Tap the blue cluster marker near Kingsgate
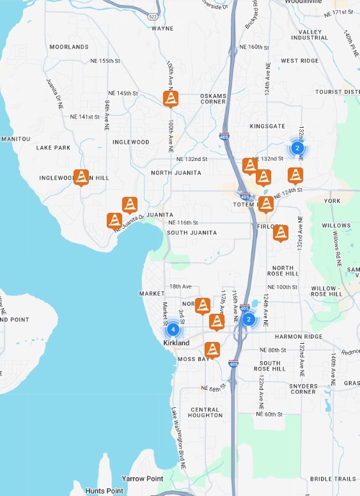[x=297, y=148]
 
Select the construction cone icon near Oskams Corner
[x=171, y=99]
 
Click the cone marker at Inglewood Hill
[x=81, y=177]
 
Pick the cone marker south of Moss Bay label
[x=212, y=350]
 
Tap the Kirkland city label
[x=176, y=343]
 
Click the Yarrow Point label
[x=143, y=478]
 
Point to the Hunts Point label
[x=104, y=490]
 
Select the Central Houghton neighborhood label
[x=205, y=412]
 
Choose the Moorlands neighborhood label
[x=69, y=47]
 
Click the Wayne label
[x=162, y=29]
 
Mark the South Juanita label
[x=186, y=233]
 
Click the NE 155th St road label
[x=106, y=61]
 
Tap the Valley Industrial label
[x=309, y=35]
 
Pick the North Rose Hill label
[x=283, y=271]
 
